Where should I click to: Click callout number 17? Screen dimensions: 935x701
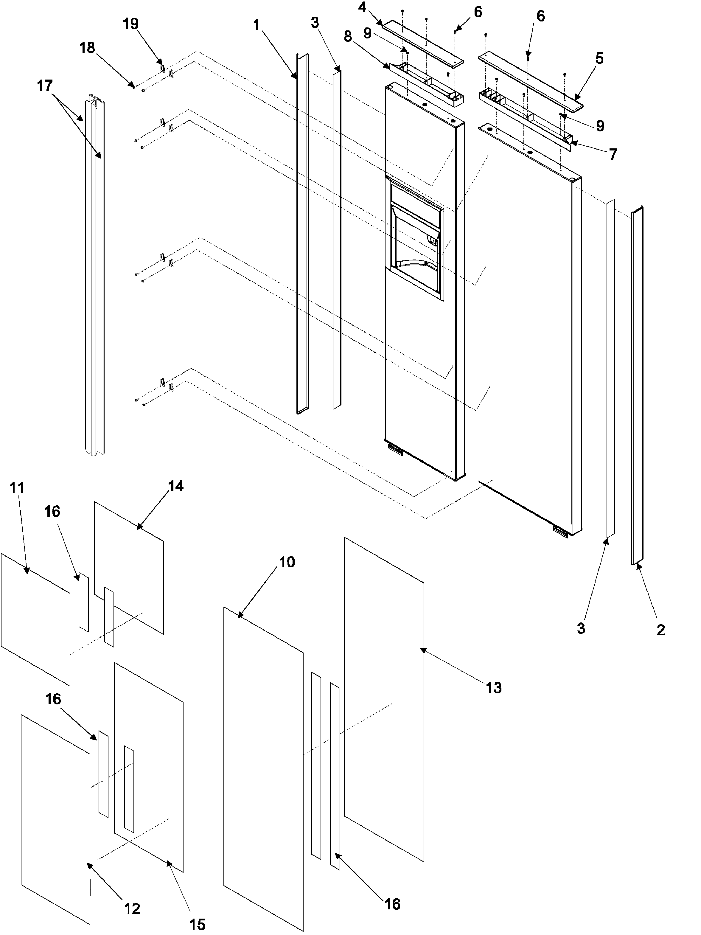pos(45,86)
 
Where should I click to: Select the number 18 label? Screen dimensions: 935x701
pos(87,48)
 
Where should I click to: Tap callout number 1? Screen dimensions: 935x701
pos(256,25)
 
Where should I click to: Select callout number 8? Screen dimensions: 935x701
pos(347,36)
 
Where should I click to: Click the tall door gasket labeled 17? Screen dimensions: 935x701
pos(95,275)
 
